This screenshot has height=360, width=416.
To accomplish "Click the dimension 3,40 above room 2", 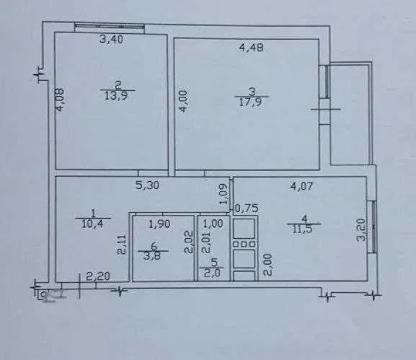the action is [112, 40].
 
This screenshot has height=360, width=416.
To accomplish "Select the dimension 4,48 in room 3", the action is [251, 48].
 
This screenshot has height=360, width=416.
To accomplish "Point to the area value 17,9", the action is [251, 102].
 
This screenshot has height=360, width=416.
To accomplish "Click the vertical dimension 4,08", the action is [59, 99].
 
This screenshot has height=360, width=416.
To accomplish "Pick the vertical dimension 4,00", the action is [184, 102].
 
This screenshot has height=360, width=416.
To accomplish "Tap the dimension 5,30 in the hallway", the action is [147, 185].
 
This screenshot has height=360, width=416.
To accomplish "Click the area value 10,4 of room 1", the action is [92, 224].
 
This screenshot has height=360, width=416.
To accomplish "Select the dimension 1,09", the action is [224, 194].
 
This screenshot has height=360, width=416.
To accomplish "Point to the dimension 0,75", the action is [247, 209].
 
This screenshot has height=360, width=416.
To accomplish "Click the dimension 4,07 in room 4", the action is [302, 186].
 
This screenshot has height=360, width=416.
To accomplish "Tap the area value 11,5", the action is [302, 229].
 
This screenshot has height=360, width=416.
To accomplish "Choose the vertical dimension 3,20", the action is [361, 229].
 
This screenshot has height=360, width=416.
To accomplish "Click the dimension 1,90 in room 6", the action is [160, 225].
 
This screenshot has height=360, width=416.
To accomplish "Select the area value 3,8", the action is [153, 256].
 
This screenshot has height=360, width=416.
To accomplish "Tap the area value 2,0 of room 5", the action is [212, 273].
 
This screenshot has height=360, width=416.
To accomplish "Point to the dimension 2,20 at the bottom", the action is [98, 277].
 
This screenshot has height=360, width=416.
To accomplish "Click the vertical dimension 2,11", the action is [122, 245].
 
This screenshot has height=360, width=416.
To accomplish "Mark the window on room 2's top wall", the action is [109, 26].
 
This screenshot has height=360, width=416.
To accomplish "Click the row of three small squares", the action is [244, 244].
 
